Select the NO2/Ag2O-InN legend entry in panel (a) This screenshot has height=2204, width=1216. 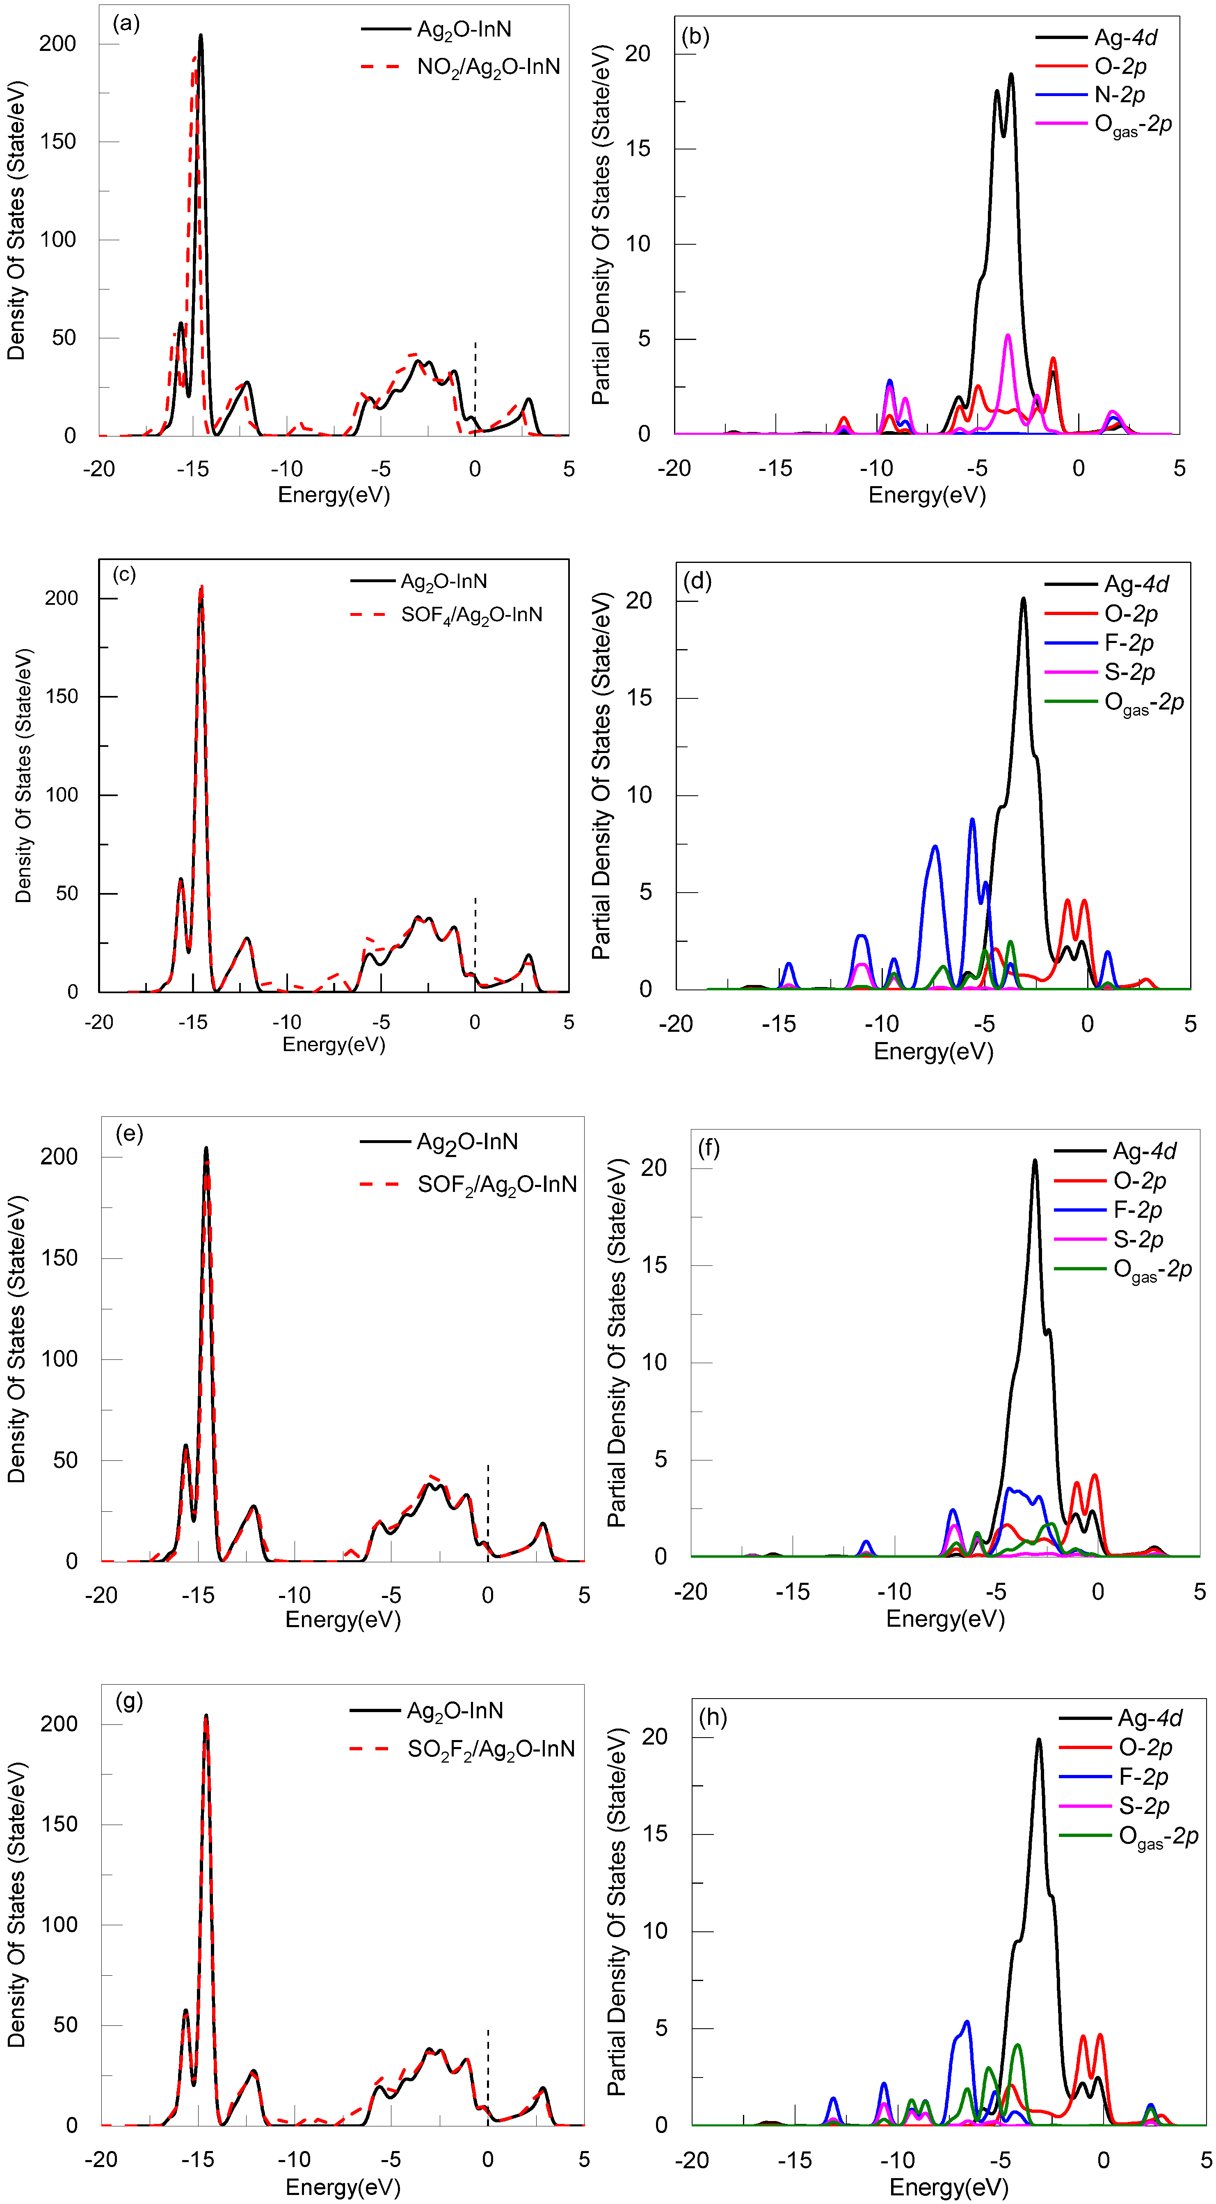[x=487, y=67]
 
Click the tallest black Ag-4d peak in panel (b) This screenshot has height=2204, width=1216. [x=1011, y=75]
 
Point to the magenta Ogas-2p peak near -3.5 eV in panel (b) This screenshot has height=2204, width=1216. [x=1007, y=335]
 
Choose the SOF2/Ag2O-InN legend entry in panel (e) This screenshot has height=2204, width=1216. [x=496, y=1184]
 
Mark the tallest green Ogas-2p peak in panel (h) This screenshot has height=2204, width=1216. [x=1017, y=2046]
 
